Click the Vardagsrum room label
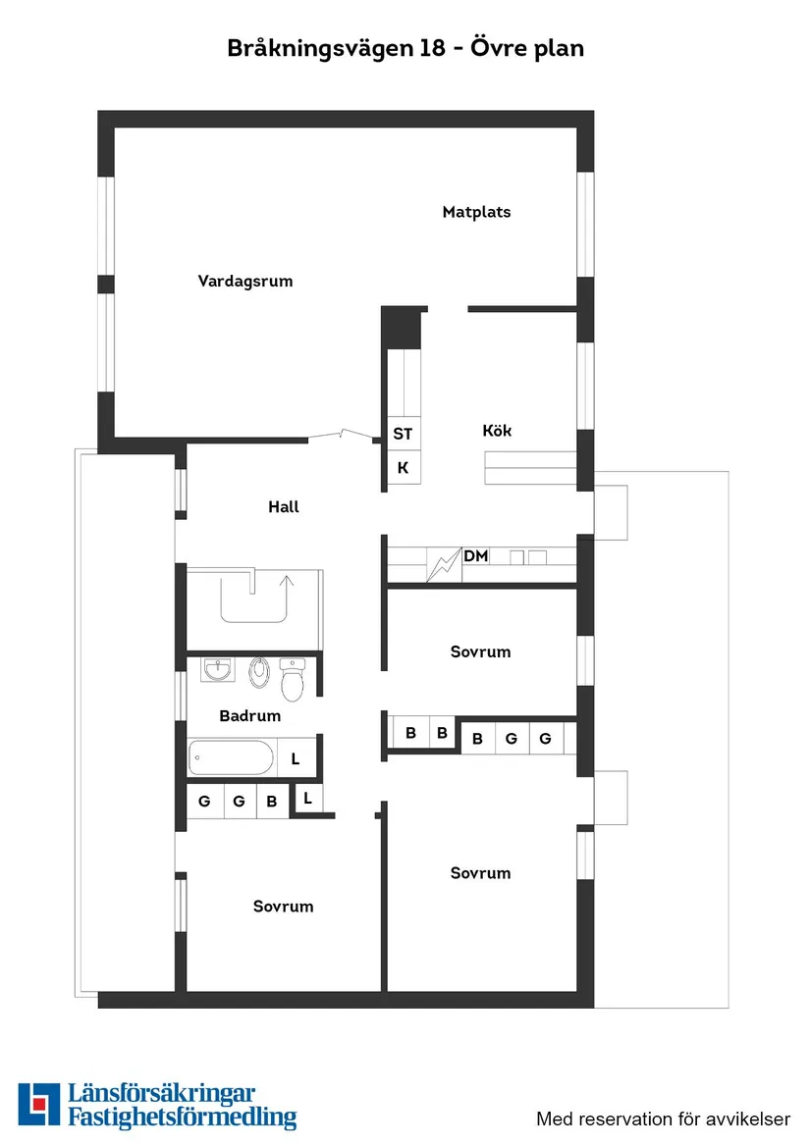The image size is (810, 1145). pyautogui.click(x=245, y=282)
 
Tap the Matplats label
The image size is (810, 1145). pyautogui.click(x=476, y=212)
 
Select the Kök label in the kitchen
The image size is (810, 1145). pyautogui.click(x=497, y=431)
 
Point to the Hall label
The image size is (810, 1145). pyautogui.click(x=284, y=507)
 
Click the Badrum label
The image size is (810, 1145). pyautogui.click(x=250, y=716)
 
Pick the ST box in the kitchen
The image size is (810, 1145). pyautogui.click(x=403, y=434)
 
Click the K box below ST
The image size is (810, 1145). pyautogui.click(x=403, y=468)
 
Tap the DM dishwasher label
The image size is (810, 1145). pyautogui.click(x=476, y=557)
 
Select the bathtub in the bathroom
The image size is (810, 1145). pyautogui.click(x=231, y=757)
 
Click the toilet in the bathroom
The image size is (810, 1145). pyautogui.click(x=294, y=676)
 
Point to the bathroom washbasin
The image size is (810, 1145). pyautogui.click(x=218, y=670)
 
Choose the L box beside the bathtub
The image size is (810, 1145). pyautogui.click(x=296, y=758)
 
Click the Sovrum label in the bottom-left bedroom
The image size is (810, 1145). pyautogui.click(x=283, y=907)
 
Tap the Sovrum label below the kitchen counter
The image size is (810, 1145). pyautogui.click(x=480, y=652)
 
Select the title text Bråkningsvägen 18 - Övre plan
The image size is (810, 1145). pyautogui.click(x=405, y=47)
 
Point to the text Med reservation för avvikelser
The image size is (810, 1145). pyautogui.click(x=663, y=1119)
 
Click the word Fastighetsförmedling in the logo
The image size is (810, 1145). pyautogui.click(x=182, y=1118)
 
